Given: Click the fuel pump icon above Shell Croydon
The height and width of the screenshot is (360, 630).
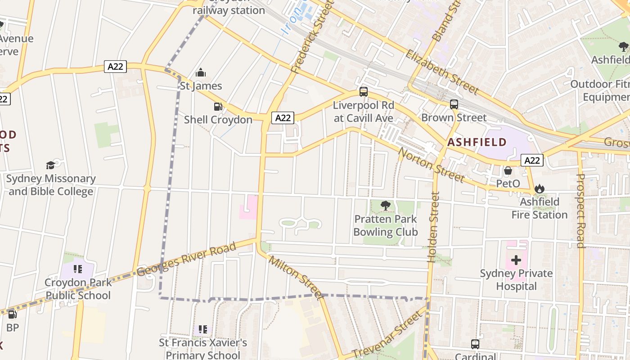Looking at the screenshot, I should tap(218, 107).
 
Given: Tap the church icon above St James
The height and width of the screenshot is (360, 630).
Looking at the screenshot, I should tap(201, 72).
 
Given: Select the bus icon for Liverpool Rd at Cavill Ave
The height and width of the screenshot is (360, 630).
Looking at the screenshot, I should tap(364, 92).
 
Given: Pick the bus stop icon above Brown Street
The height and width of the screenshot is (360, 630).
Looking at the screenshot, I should tap(454, 104).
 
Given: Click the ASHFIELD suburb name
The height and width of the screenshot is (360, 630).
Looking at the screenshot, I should tap(477, 143).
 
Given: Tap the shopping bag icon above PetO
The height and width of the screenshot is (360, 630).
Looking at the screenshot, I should tap(508, 171).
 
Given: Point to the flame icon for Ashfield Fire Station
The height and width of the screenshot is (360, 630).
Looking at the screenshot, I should tap(540, 189).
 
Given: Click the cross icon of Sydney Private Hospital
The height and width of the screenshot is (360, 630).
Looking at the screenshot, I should tap(516, 260).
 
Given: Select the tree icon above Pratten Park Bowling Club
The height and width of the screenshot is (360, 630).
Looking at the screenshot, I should tap(385, 206).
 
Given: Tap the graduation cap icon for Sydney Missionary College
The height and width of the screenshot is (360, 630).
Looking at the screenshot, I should tap(50, 165).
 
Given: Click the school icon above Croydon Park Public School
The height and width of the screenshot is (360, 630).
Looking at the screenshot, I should tap(78, 269).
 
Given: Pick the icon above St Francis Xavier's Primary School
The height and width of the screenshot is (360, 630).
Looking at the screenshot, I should tap(203, 329).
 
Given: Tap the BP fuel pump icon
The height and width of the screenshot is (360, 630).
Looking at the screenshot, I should tap(13, 315).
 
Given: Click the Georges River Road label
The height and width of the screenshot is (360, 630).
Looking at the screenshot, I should tap(186, 260).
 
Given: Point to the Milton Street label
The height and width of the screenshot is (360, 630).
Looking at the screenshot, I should tap(296, 277).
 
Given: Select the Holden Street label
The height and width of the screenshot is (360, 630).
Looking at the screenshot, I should tap(433, 227).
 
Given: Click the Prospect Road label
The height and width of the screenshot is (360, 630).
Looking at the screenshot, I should tap(580, 211).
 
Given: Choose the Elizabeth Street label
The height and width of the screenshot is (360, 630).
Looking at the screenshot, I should tap(442, 72).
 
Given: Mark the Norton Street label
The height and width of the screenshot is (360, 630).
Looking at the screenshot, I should tap(431, 165).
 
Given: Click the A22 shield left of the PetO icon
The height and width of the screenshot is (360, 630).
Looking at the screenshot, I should tap(532, 160).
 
